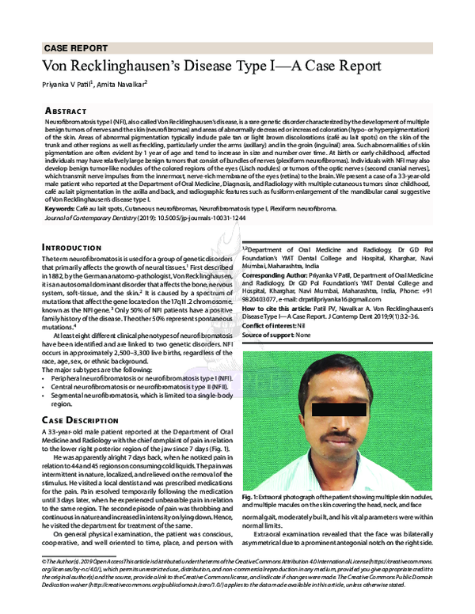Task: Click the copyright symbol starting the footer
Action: (x=44, y=560)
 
